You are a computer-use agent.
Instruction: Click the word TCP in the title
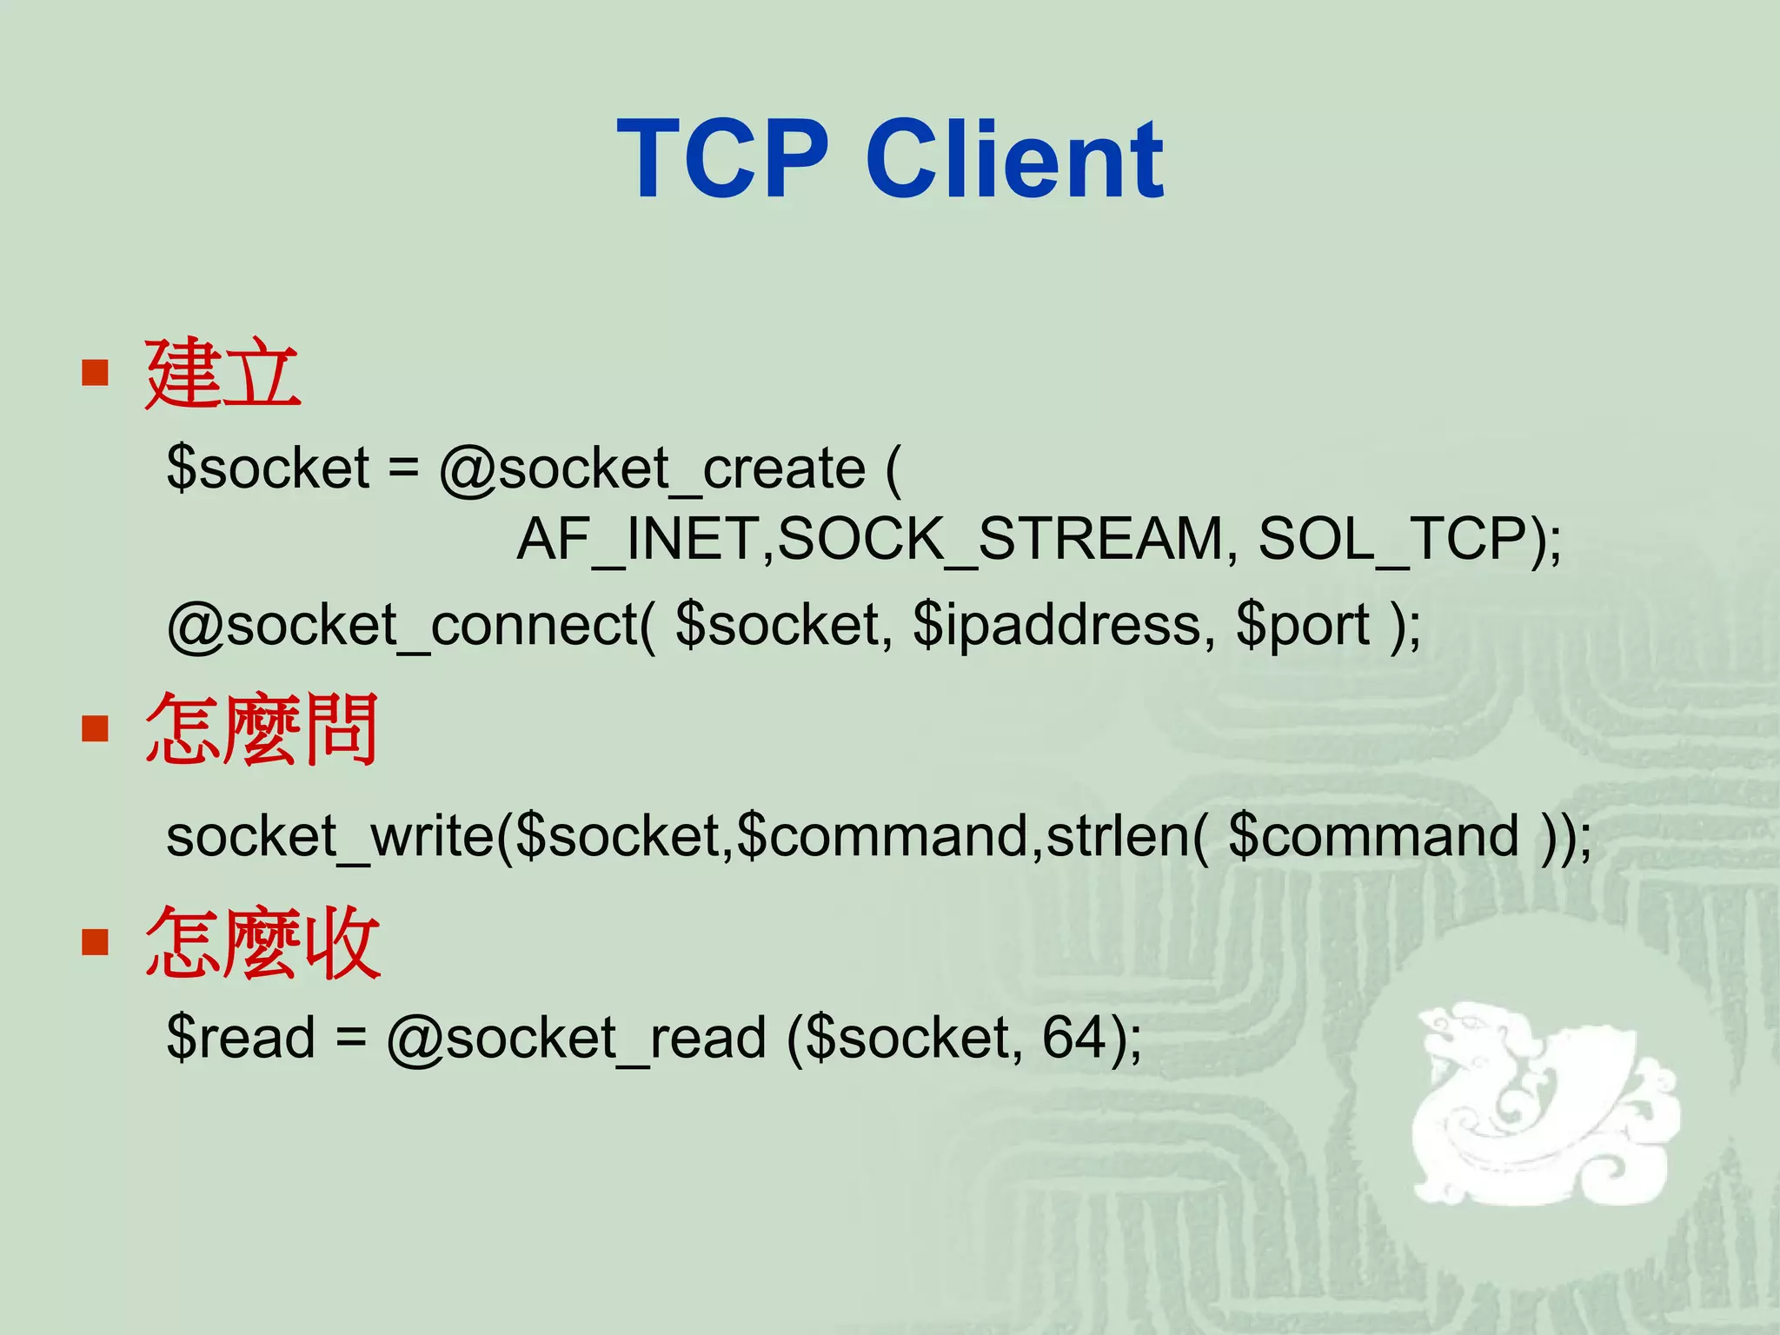(x=723, y=160)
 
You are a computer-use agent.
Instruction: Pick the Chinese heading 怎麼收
(x=262, y=942)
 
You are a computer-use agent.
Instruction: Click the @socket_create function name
(x=652, y=469)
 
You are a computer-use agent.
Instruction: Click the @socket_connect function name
(x=405, y=626)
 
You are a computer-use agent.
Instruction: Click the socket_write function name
(x=330, y=836)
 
